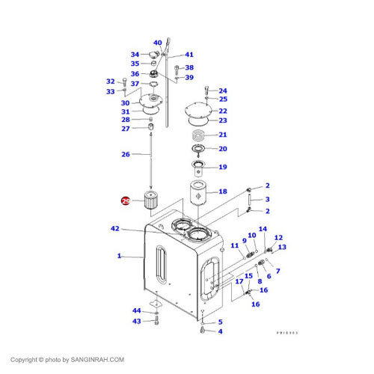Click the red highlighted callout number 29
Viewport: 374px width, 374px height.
[126, 201]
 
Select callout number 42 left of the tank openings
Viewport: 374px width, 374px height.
[114, 228]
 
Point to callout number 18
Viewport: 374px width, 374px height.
[222, 192]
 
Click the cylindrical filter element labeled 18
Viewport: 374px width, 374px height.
[200, 194]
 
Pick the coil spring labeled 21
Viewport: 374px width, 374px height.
[199, 135]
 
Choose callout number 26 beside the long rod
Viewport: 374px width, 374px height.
[126, 155]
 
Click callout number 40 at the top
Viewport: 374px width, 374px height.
[158, 43]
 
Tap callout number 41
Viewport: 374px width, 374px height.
[189, 55]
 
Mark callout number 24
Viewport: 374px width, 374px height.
[222, 91]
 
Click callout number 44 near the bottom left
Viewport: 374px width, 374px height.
[137, 310]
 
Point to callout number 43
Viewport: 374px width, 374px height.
[137, 321]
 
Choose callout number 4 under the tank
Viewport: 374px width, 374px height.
[220, 331]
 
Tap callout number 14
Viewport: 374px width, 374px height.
[263, 229]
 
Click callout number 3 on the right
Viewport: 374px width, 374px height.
[267, 199]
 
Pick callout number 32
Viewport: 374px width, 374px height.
[110, 82]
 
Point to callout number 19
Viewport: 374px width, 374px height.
[222, 167]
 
